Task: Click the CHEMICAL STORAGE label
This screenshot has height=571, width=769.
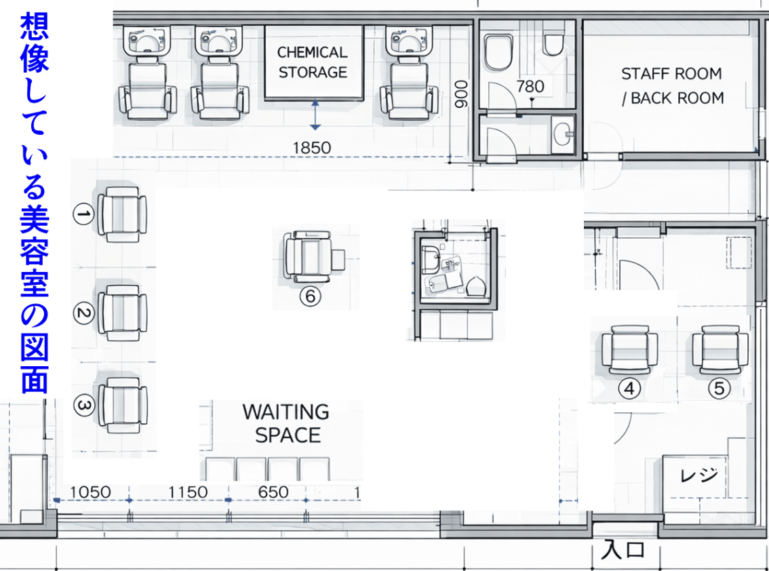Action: pyautogui.click(x=313, y=62)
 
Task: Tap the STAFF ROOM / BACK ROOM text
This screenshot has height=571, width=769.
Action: pyautogui.click(x=672, y=86)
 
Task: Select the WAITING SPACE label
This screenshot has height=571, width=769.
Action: pyautogui.click(x=286, y=423)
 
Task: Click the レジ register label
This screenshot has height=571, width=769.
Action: pyautogui.click(x=699, y=475)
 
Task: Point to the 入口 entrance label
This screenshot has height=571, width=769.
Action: pyautogui.click(x=623, y=550)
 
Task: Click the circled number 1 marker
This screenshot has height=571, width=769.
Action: pyautogui.click(x=84, y=214)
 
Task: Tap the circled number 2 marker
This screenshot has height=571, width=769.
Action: pyautogui.click(x=84, y=313)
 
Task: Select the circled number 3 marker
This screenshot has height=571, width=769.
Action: pyautogui.click(x=84, y=406)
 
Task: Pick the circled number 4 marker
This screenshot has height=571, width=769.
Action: pyautogui.click(x=630, y=389)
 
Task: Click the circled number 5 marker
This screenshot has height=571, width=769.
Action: pyautogui.click(x=719, y=388)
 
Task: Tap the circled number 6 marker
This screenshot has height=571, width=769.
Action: pyautogui.click(x=311, y=296)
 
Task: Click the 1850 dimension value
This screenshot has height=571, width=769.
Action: pyautogui.click(x=312, y=148)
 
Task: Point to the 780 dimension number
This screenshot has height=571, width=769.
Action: pyautogui.click(x=530, y=86)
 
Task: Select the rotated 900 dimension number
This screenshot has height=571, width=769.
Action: pyautogui.click(x=462, y=94)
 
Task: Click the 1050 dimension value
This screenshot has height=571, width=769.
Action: pyautogui.click(x=90, y=492)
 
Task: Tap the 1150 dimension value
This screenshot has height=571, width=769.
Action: pyautogui.click(x=188, y=492)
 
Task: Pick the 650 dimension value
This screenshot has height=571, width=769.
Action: pyautogui.click(x=273, y=492)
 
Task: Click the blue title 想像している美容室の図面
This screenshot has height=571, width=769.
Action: pyautogui.click(x=35, y=203)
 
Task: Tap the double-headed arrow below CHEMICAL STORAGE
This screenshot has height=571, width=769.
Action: pyautogui.click(x=315, y=115)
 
